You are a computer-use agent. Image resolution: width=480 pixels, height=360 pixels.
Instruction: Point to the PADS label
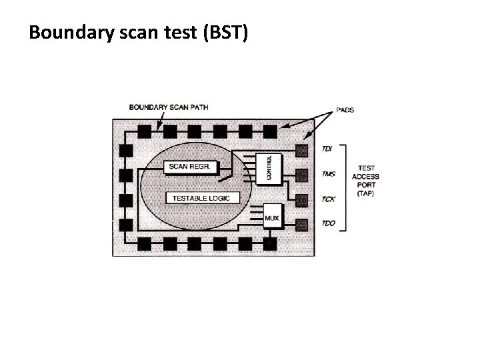[x=345, y=110]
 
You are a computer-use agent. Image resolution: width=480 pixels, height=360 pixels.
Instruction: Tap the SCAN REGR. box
[x=191, y=166]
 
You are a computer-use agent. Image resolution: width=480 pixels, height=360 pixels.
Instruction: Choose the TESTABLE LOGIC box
[x=199, y=198]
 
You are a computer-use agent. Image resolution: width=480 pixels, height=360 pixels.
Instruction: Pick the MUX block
[x=272, y=218]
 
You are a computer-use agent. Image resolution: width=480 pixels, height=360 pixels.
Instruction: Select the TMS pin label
[x=329, y=174]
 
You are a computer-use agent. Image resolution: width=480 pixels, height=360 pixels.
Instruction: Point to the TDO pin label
[x=329, y=223]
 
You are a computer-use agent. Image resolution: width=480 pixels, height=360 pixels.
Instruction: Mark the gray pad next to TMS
[x=302, y=175]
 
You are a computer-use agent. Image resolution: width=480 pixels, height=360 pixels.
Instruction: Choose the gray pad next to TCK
[x=302, y=199]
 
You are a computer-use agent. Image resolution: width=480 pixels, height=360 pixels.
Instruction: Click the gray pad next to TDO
[x=302, y=224]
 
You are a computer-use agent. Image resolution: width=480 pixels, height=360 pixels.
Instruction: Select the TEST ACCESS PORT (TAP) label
[x=365, y=181]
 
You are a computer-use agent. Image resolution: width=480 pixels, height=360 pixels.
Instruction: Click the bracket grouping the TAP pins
[x=345, y=186]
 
